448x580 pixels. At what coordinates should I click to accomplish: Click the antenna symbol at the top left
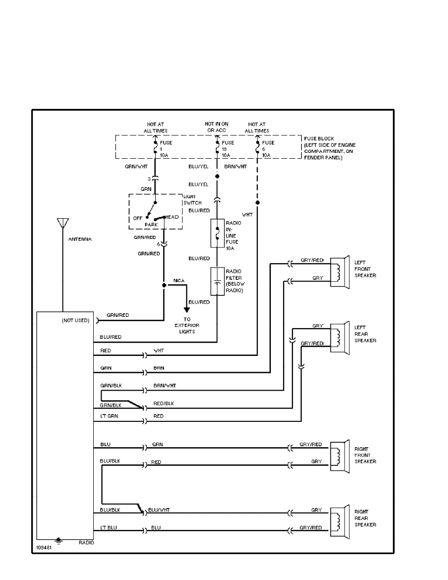pyautogui.click(x=62, y=224)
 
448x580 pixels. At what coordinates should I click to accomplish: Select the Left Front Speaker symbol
pyautogui.click(x=340, y=272)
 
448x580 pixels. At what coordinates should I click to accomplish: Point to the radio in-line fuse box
pyautogui.click(x=217, y=235)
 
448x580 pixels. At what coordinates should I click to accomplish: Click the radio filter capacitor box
pyautogui.click(x=217, y=281)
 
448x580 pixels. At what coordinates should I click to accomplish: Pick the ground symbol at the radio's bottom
pyautogui.click(x=59, y=540)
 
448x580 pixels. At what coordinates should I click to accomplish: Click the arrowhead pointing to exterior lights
pyautogui.click(x=186, y=310)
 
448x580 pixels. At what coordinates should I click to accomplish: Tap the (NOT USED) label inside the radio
pyautogui.click(x=76, y=321)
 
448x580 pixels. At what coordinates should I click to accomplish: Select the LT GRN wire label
pyautogui.click(x=109, y=416)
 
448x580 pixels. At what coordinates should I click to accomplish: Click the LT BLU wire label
pyautogui.click(x=109, y=528)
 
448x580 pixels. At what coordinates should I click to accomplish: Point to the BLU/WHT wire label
pyautogui.click(x=159, y=509)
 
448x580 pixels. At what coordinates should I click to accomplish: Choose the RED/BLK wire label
pyautogui.click(x=163, y=404)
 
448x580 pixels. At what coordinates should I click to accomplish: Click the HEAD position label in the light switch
pyautogui.click(x=172, y=217)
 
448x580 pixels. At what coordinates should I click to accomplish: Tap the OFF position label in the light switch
pyautogui.click(x=138, y=218)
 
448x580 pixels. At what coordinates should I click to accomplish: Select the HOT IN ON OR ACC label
pyautogui.click(x=217, y=127)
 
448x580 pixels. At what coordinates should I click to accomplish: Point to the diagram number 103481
pyautogui.click(x=43, y=548)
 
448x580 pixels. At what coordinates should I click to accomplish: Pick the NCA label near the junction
pyautogui.click(x=179, y=281)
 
